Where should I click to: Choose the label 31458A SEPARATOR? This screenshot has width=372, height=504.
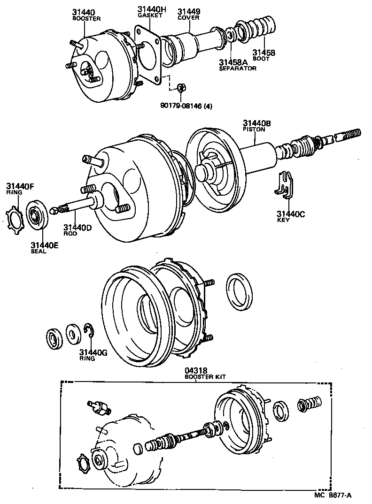(x=237, y=64)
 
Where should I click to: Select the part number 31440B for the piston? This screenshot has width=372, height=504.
(x=256, y=123)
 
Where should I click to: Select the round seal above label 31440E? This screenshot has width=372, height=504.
(x=36, y=214)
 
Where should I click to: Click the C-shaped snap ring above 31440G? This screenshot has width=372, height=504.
(x=89, y=332)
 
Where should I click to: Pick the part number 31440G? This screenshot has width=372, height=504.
(x=93, y=352)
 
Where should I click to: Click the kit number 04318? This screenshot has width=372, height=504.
(x=196, y=370)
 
